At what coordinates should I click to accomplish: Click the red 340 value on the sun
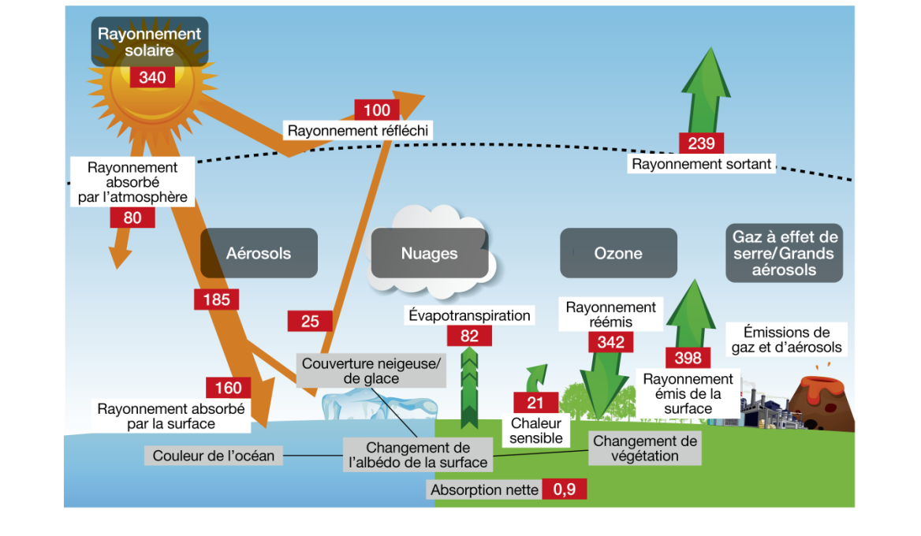point(152,77)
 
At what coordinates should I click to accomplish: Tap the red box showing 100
point(376,110)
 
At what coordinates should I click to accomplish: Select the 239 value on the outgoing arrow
point(701,143)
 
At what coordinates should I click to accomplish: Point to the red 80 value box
point(132,218)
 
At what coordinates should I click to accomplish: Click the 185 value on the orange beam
point(216,300)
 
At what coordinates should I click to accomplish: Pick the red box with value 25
point(310,321)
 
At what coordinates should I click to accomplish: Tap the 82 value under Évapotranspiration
point(469,336)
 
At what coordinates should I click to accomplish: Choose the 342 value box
point(610,341)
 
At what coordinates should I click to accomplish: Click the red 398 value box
point(688,358)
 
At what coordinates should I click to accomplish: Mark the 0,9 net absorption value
point(565,489)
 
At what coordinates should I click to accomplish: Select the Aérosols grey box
point(259,254)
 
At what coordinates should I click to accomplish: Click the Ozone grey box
point(618,254)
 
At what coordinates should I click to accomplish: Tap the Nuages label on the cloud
point(429,254)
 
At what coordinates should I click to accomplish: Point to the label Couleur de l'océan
point(214,456)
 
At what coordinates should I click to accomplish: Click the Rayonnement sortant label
point(702,164)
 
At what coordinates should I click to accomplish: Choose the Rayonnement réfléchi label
point(358,131)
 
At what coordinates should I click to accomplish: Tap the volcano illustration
point(822,399)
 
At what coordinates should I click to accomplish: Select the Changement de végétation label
point(644,449)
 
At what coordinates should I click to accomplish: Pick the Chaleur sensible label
point(536,430)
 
